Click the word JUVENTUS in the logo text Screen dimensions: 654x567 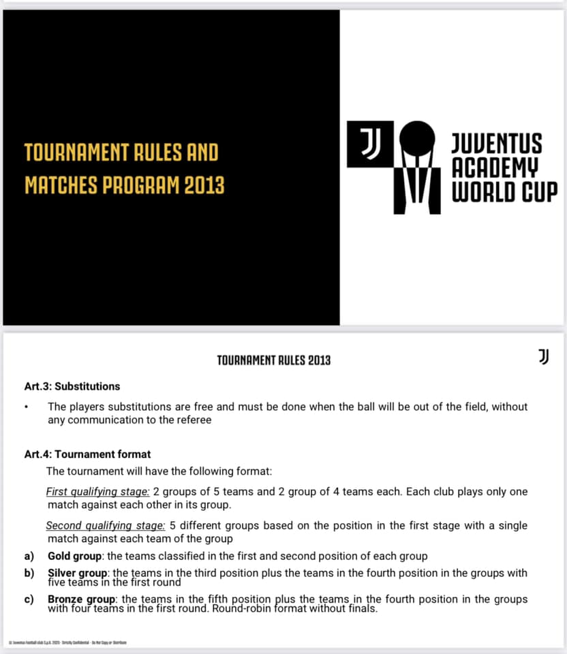[x=497, y=144]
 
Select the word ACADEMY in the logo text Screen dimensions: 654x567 [x=495, y=168]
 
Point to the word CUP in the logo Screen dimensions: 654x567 [x=540, y=191]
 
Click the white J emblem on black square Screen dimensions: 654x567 [x=370, y=144]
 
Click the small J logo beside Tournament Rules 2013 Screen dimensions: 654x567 [x=543, y=356]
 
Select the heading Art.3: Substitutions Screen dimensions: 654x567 [x=72, y=386]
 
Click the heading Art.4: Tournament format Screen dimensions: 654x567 [x=87, y=454]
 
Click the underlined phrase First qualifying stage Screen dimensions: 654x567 [x=97, y=492]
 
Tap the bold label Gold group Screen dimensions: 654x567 [x=74, y=556]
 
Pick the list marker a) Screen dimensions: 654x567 [x=29, y=556]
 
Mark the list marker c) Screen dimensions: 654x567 [x=29, y=599]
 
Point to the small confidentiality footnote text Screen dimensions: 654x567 [x=67, y=642]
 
